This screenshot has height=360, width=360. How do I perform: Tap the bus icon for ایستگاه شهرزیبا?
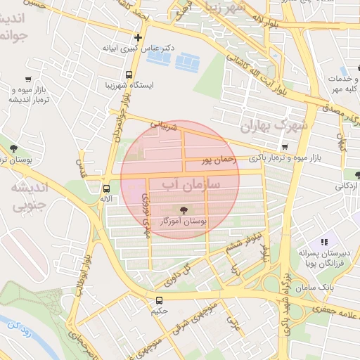pos(129,74)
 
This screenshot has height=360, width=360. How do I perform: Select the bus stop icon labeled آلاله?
pos(106,188)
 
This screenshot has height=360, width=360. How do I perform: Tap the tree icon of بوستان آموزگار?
pos(184,210)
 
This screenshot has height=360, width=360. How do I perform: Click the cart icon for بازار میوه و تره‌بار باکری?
pos(284,147)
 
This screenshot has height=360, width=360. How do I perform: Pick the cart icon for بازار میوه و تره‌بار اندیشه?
pos(27,79)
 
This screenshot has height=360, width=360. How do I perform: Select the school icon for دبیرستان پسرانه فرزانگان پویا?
pos(324,242)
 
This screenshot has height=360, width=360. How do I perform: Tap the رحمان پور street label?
pos(215,161)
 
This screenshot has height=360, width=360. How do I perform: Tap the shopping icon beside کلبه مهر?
pos(345,72)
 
